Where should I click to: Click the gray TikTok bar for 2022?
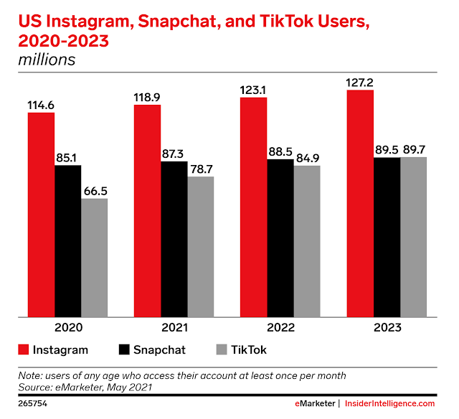pos(306,240)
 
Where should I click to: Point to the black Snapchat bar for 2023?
pos(387,237)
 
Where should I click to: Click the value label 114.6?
pos(42,105)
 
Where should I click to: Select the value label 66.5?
pos(94,190)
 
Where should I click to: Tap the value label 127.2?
pos(359,81)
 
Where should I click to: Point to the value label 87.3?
pos(174,154)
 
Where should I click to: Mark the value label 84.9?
pos(306,158)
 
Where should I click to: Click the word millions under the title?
pos(47,60)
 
